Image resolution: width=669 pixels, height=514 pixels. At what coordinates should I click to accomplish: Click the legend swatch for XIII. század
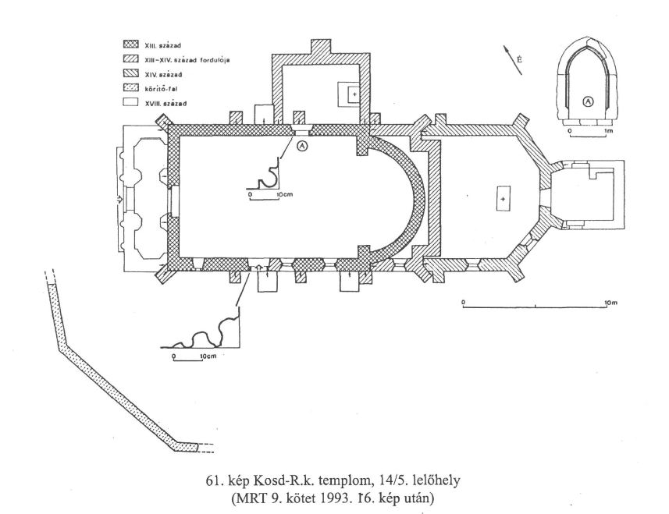(130, 44)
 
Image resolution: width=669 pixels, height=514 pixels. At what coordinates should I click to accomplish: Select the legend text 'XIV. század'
(163, 75)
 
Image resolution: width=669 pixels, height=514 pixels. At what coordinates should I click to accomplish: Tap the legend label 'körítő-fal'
(162, 89)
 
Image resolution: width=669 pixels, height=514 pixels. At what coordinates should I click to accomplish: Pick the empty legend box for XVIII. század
(130, 102)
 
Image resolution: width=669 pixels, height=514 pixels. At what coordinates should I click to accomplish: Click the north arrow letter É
(519, 60)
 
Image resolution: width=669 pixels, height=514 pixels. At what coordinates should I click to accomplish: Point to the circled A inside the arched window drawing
(588, 101)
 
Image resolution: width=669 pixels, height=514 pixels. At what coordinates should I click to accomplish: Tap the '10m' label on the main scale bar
(611, 303)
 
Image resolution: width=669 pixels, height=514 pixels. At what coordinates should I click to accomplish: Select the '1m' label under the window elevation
(609, 131)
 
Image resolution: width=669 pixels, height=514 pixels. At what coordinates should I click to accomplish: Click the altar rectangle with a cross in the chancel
(504, 199)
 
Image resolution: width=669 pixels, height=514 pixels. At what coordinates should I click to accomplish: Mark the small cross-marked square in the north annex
(354, 94)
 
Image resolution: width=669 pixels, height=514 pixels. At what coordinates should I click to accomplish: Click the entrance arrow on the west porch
(120, 199)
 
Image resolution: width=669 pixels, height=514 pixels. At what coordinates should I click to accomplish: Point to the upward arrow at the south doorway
(258, 268)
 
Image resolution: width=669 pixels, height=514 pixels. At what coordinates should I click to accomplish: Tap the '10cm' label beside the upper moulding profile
(286, 195)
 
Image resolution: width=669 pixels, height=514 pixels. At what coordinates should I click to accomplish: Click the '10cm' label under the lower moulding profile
(208, 356)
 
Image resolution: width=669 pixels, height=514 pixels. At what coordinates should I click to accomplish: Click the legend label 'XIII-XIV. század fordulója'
(187, 60)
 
